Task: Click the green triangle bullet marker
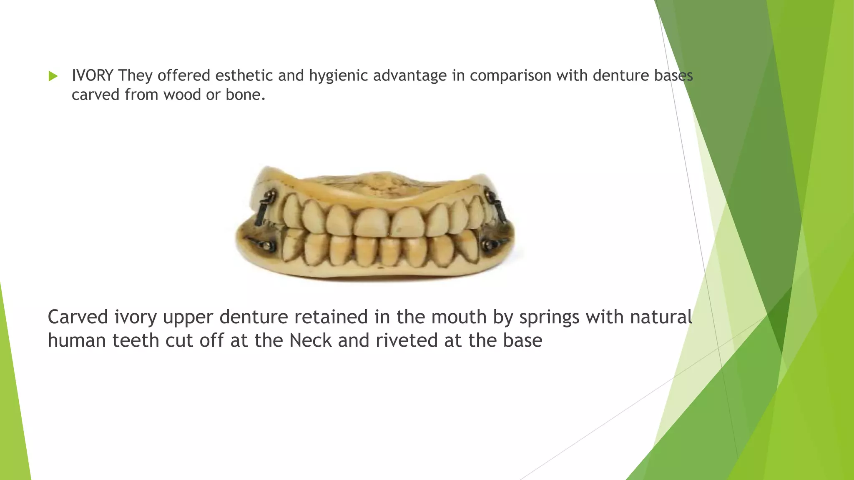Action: tap(53, 76)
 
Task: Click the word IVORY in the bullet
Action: tap(92, 75)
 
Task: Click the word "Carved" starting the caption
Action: tap(78, 317)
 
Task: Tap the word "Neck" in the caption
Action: tap(310, 340)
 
